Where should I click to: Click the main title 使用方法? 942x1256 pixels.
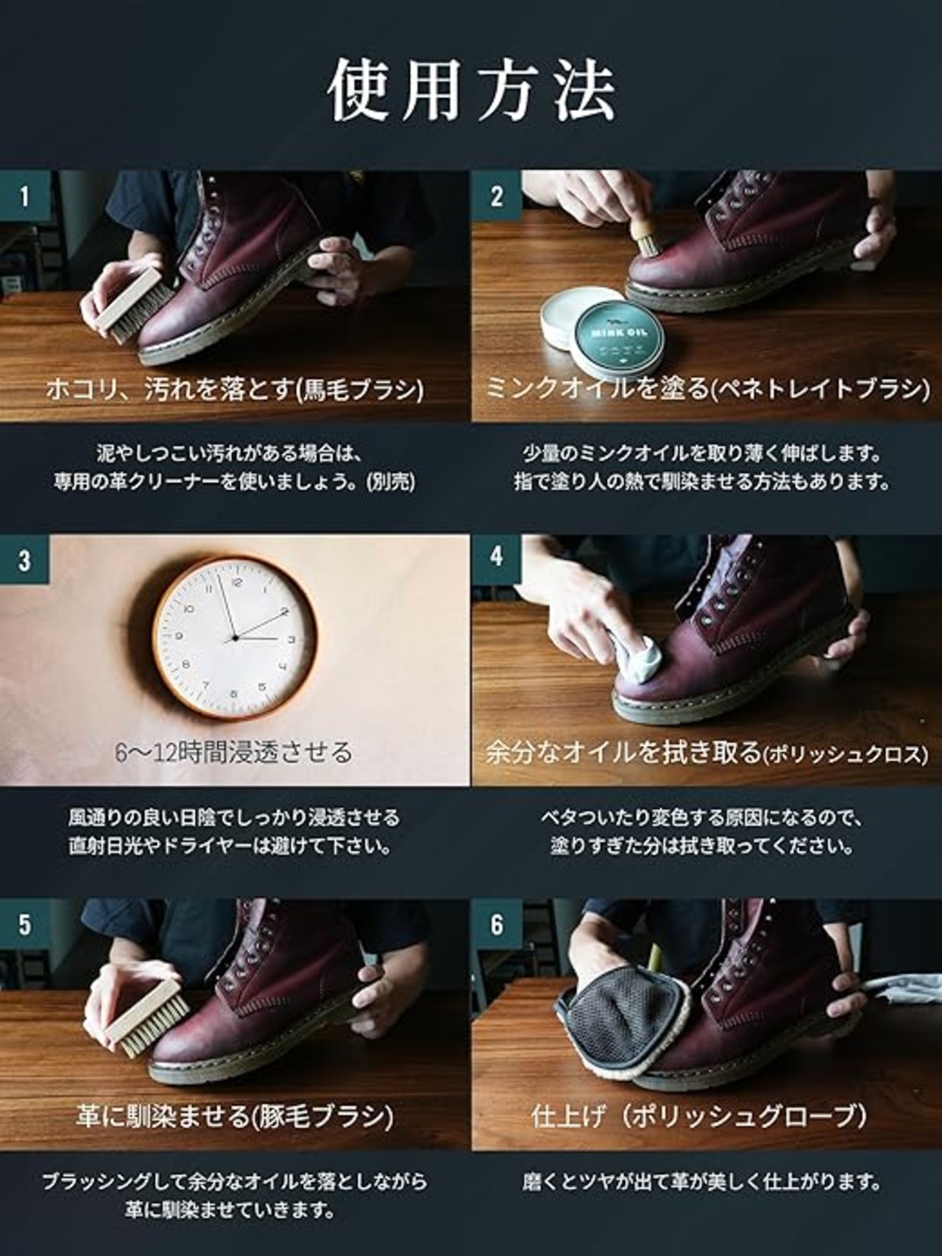tap(471, 91)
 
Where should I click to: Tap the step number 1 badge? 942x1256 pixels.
tap(25, 196)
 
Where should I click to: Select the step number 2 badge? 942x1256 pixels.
tap(497, 196)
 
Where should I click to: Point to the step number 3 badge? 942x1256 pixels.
tap(25, 560)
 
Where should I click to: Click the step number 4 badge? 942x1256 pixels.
tap(497, 557)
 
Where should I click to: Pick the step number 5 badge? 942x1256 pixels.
tap(25, 923)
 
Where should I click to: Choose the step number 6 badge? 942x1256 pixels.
tap(497, 923)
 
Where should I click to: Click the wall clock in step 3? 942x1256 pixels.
tap(235, 638)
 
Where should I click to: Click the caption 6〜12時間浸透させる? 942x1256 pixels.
tap(234, 752)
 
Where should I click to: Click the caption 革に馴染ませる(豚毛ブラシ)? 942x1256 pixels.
tap(235, 1116)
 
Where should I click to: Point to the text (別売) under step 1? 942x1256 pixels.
tap(390, 482)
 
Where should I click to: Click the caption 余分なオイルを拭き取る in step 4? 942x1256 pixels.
tap(623, 752)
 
